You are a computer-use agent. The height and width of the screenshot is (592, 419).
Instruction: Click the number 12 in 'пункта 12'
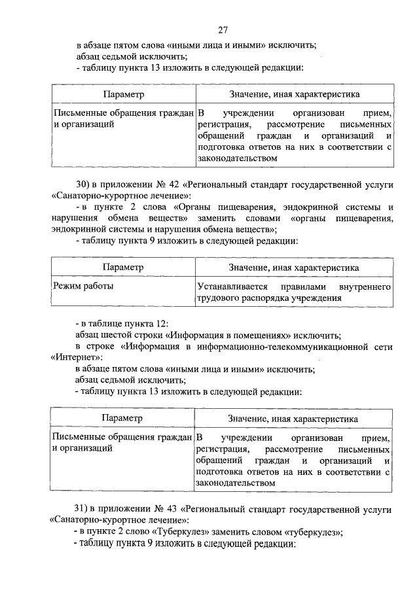point(164,322)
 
